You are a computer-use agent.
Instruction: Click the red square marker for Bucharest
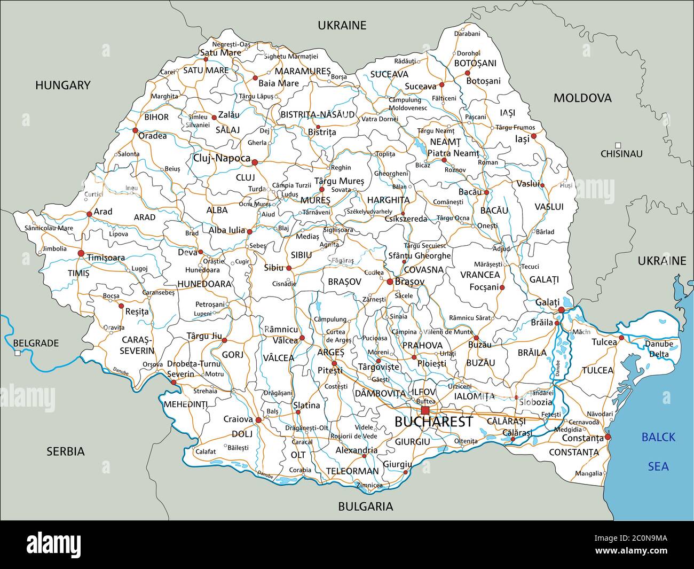click(425, 410)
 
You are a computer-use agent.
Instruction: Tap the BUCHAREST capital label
click(433, 422)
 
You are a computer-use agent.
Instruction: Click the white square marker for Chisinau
click(618, 145)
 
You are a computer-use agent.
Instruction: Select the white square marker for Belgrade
click(18, 353)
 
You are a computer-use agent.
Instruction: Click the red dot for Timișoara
click(81, 253)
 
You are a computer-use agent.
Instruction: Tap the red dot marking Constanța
click(608, 437)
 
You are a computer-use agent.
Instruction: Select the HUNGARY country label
click(63, 85)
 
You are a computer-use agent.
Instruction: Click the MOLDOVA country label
click(582, 98)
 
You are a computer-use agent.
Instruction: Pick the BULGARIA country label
click(366, 506)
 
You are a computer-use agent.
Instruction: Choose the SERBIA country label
click(65, 451)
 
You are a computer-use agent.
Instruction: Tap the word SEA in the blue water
click(658, 466)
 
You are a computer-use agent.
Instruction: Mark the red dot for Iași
click(533, 136)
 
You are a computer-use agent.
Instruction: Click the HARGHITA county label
click(388, 200)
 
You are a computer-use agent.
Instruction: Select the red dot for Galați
click(561, 310)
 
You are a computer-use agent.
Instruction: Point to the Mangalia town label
click(589, 473)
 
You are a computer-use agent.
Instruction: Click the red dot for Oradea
click(135, 130)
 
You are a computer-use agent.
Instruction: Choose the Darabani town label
click(467, 34)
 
